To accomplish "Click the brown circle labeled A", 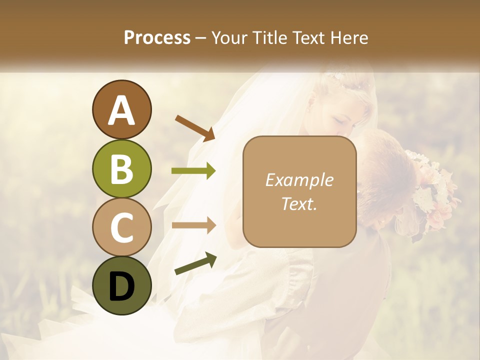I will (121, 109).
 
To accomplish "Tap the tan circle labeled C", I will (121, 227).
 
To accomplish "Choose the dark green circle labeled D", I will (121, 285).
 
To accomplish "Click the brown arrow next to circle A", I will (195, 128).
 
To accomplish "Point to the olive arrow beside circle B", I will (194, 171).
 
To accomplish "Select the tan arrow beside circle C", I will (194, 225).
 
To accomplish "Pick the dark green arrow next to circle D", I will (195, 263).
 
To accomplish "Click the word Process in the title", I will (157, 37).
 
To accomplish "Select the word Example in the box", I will (299, 180).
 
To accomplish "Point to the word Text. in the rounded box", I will (299, 203).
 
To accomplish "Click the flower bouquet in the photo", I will (432, 190).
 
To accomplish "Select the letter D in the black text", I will (121, 286).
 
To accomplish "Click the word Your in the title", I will (229, 37).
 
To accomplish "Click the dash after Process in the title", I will (200, 38).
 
